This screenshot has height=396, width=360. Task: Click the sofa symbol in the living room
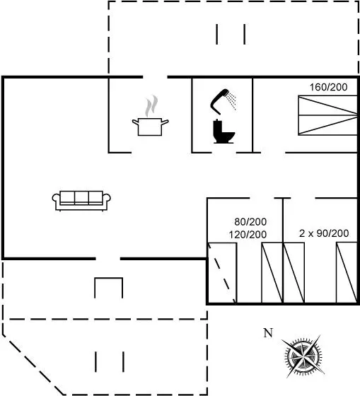tap(81, 201)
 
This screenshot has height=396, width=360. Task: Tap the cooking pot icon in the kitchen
tap(151, 127)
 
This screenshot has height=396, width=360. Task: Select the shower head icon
tap(219, 102)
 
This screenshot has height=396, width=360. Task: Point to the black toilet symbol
tap(223, 132)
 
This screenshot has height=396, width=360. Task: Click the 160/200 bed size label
tap(328, 87)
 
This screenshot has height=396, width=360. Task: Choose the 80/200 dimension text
tap(250, 222)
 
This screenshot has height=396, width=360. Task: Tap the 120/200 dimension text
tap(248, 235)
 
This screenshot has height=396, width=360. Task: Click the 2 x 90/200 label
tap(324, 233)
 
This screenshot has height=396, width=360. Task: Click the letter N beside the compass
tap(268, 333)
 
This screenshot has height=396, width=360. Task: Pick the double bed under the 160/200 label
tap(327, 115)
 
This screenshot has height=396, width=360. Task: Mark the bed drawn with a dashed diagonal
tap(222, 273)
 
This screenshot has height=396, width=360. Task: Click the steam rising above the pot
tap(151, 106)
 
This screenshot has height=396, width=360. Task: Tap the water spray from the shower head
tap(232, 100)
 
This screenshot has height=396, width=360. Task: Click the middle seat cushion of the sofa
tap(81, 198)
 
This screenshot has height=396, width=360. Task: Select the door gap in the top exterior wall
tap(155, 77)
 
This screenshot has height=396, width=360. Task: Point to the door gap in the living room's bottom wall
tap(108, 259)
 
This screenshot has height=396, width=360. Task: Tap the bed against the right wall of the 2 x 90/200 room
tap(347, 273)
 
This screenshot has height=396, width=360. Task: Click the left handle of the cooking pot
tap(136, 122)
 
